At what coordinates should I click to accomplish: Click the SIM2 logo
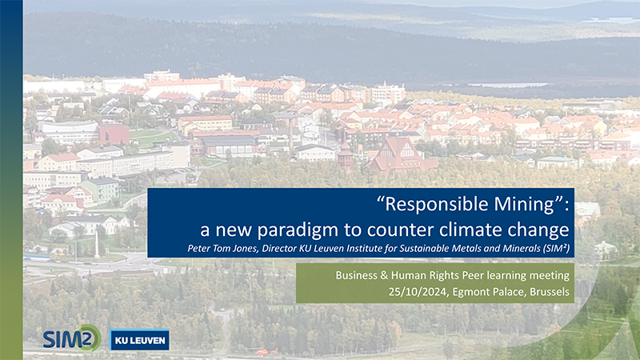pos(72,338)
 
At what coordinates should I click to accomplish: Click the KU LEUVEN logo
pos(139,340)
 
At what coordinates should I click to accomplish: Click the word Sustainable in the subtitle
pos(422,249)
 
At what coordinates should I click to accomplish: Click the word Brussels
pos(550,292)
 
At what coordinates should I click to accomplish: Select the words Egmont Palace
pos(489,293)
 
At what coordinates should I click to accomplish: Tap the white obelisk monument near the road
pos(97,245)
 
